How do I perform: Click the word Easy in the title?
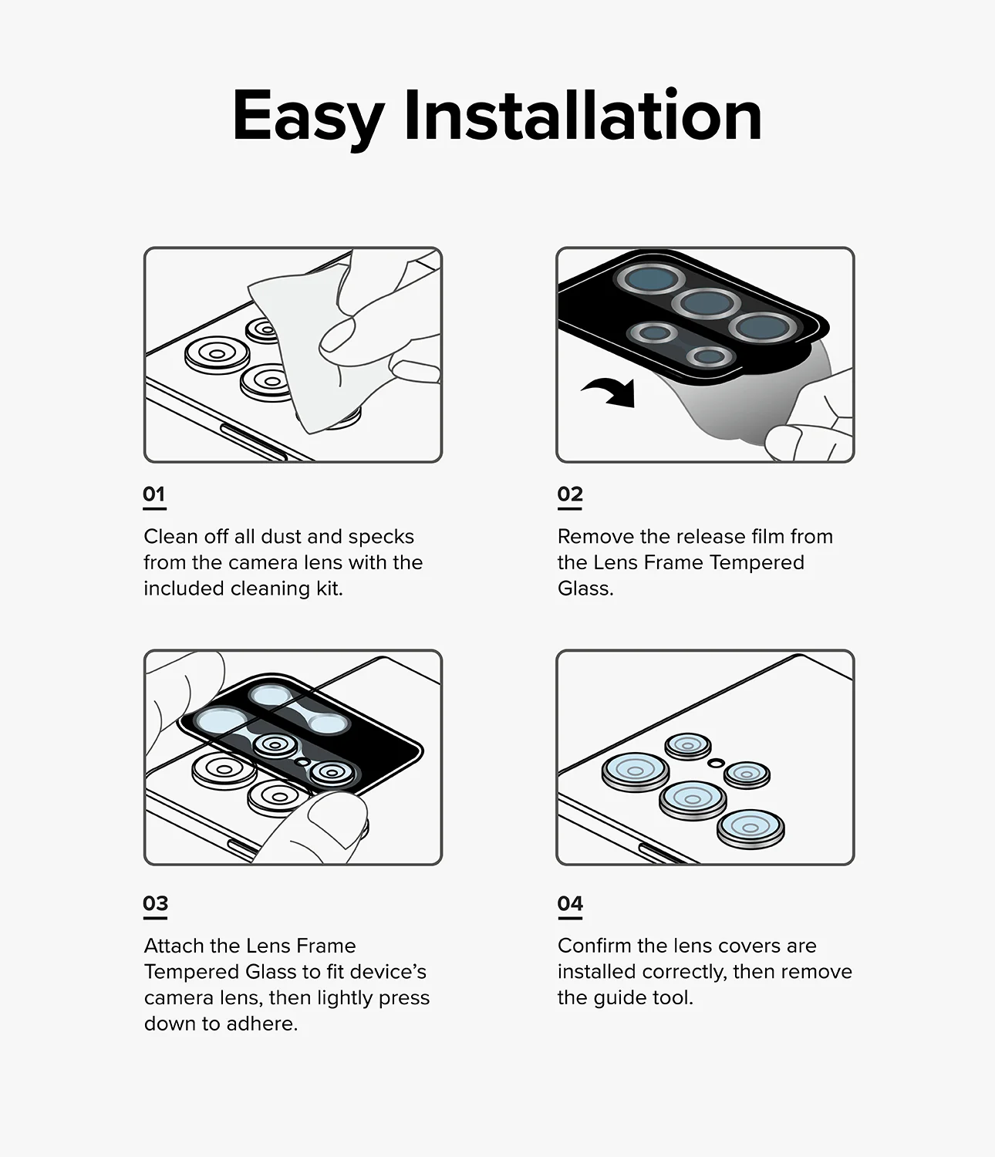point(307,116)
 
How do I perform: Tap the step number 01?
point(154,494)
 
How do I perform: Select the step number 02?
point(570,494)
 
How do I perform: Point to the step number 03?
point(155,903)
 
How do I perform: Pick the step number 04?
point(570,903)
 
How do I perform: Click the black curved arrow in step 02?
point(611,391)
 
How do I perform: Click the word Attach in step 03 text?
point(174,946)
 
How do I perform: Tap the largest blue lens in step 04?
point(636,771)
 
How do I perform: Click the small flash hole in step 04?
point(716,762)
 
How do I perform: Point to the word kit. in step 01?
point(329,589)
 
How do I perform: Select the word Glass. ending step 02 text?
point(585,589)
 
